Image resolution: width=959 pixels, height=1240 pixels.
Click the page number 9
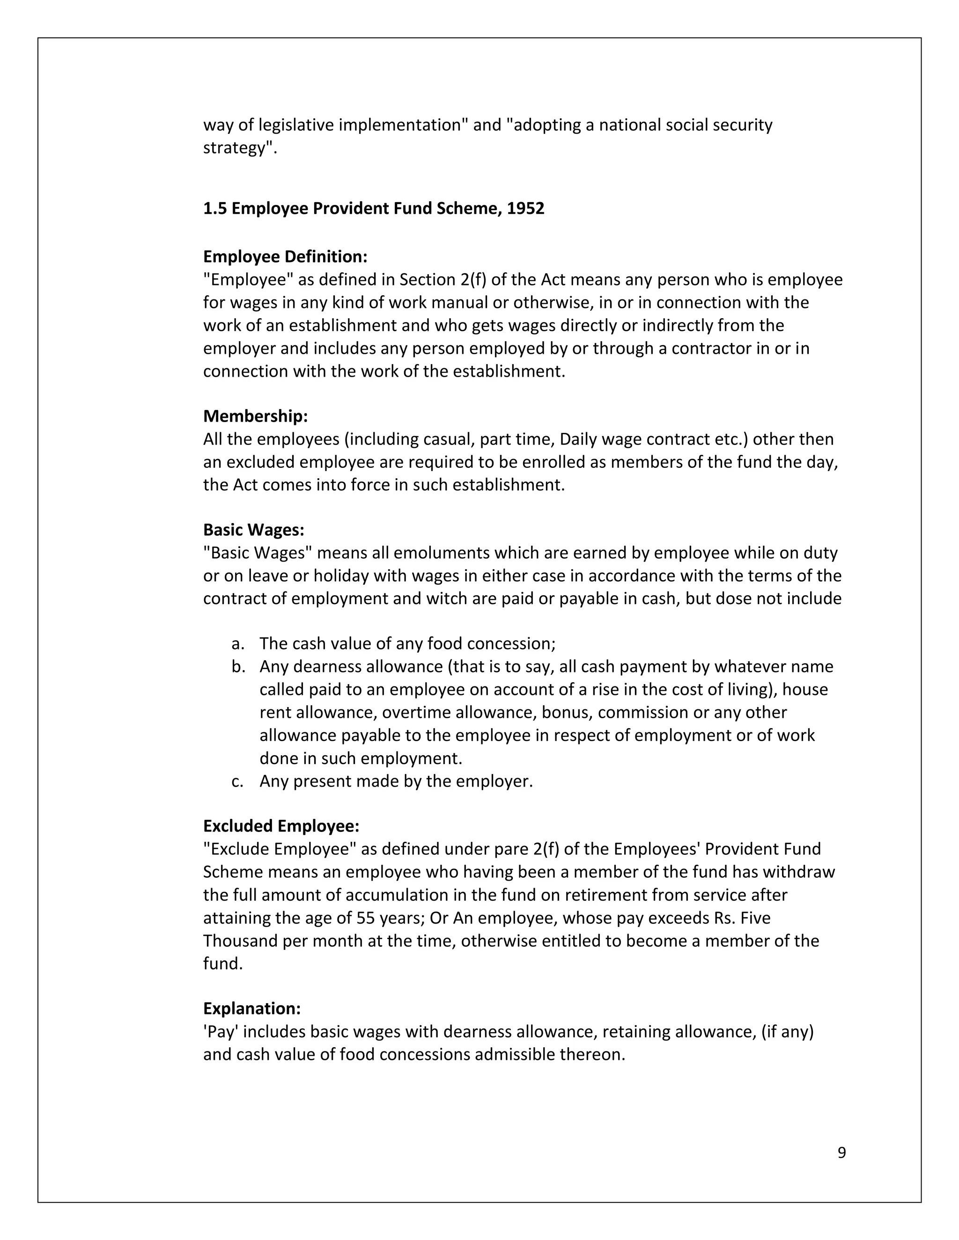tap(841, 1152)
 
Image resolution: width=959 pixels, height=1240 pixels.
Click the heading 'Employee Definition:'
tap(285, 256)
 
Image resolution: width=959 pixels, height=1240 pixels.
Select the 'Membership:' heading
tap(255, 416)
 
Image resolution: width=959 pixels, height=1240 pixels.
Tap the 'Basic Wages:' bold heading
tap(253, 530)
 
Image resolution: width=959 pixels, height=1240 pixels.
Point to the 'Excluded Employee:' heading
tap(281, 825)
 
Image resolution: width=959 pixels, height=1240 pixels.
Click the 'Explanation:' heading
tap(251, 1008)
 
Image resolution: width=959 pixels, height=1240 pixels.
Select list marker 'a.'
tap(237, 644)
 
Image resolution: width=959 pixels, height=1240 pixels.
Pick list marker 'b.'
tap(238, 666)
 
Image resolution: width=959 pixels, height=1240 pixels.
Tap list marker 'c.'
tap(237, 781)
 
